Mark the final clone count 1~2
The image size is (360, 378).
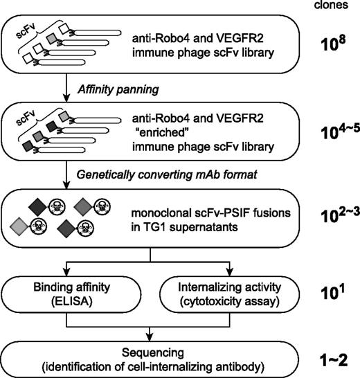[x=331, y=359]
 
